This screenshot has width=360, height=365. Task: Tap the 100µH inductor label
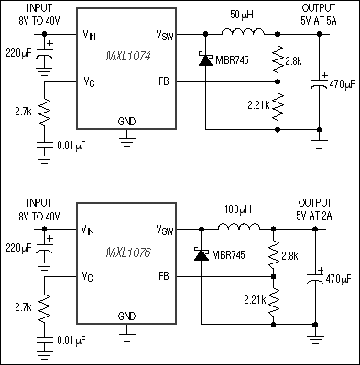[x=236, y=209]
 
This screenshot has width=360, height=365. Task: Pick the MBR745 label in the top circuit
[x=230, y=64]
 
